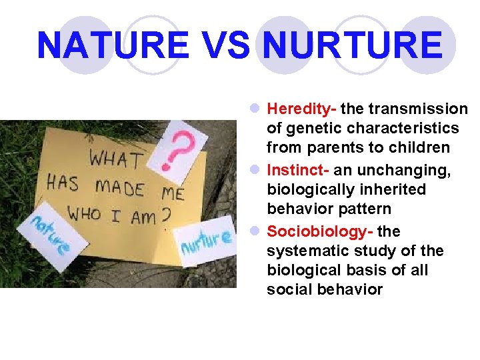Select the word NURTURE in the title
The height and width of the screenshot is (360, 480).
pyautogui.click(x=353, y=45)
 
